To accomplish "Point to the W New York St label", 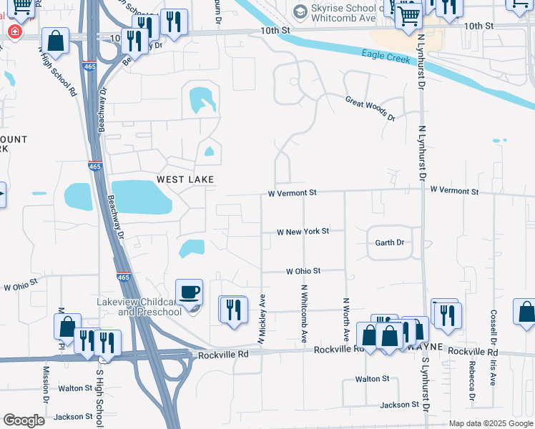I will click(303, 232).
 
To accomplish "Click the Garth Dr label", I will click(390, 243).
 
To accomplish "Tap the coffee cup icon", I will click(189, 292).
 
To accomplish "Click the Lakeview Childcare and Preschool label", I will click(139, 307).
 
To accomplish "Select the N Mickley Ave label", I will click(262, 320).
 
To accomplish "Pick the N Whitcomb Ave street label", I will click(304, 312).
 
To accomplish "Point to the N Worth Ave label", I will click(345, 319).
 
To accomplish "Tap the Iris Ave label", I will click(493, 372).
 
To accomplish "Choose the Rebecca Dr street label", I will click(472, 378).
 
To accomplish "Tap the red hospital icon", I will click(14, 33).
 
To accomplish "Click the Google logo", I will click(24, 420).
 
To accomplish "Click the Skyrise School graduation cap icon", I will click(300, 11).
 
